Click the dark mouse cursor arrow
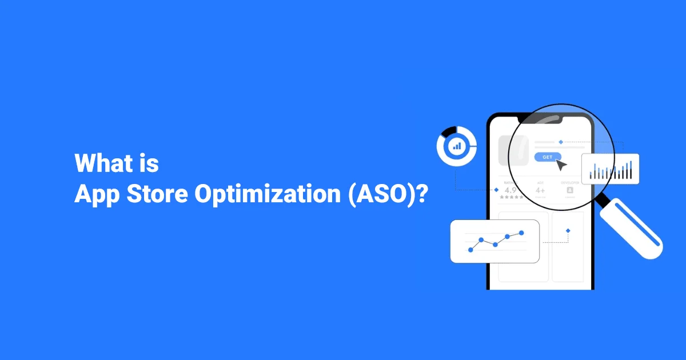coord(561,166)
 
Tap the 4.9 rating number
coord(511,190)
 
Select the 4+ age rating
coord(541,190)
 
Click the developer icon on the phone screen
coord(569,190)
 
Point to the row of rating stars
coord(511,197)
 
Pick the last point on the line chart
coord(521,233)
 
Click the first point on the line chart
coord(470,250)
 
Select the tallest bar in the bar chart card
coord(631,169)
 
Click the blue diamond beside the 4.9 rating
coord(496,189)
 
